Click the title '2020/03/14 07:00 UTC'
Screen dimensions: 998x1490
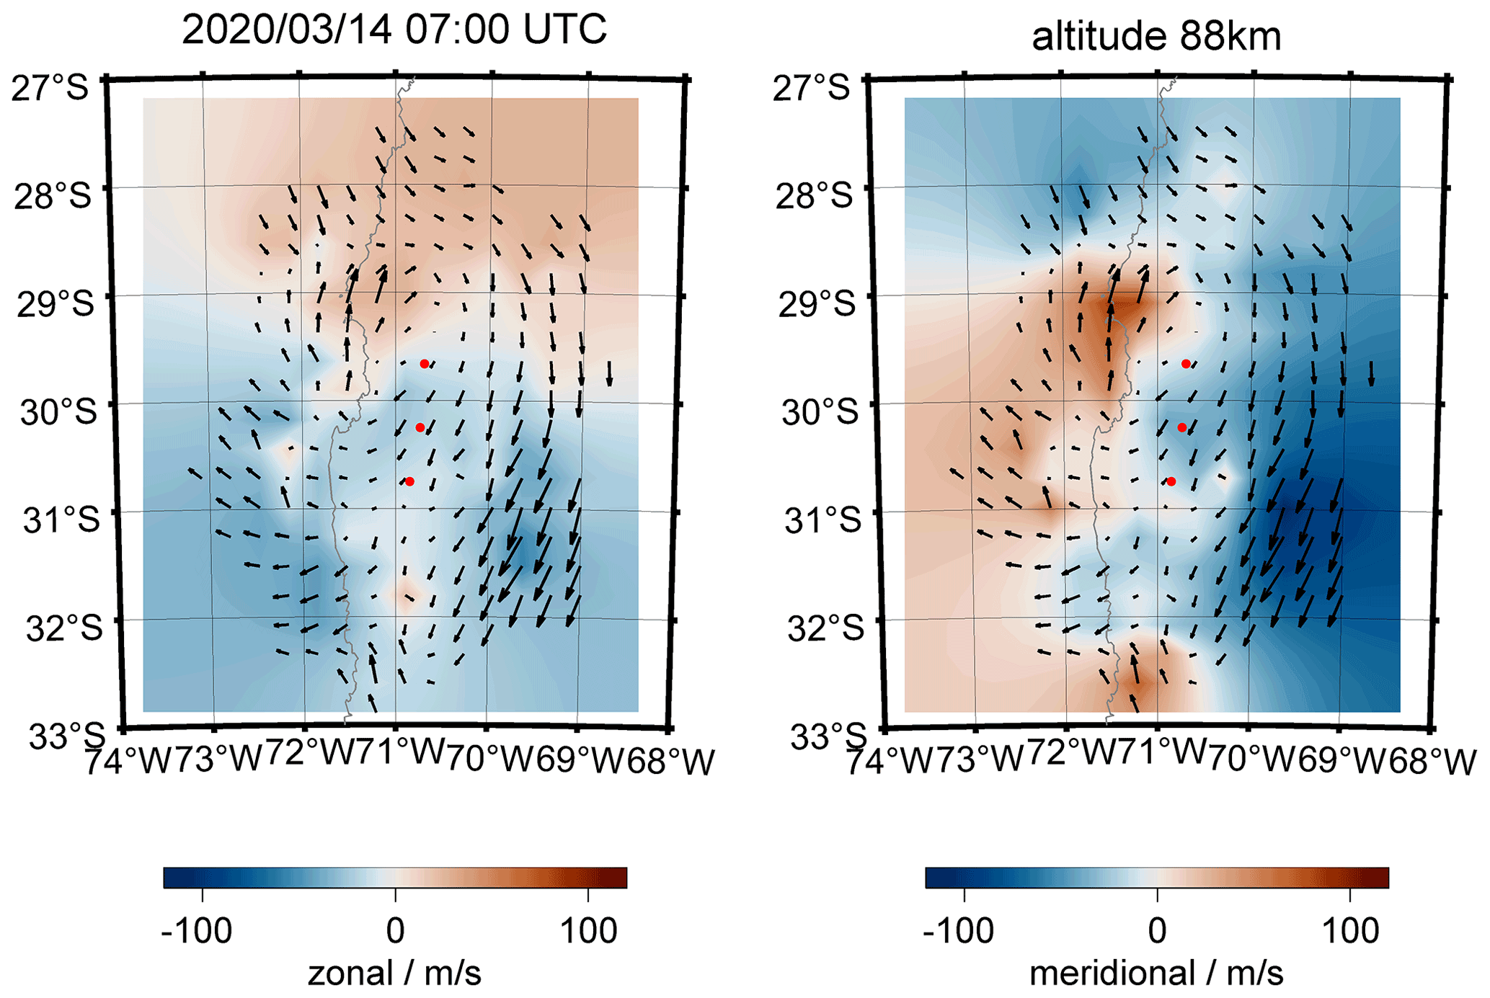(394, 30)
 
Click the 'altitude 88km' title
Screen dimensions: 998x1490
(1156, 36)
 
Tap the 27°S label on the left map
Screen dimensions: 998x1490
(50, 88)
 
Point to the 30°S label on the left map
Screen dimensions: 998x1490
(58, 412)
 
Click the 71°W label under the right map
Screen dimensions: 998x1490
(1160, 753)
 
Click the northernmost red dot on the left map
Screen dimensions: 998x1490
(425, 364)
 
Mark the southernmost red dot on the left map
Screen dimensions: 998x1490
(409, 481)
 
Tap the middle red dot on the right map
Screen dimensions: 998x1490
(1182, 427)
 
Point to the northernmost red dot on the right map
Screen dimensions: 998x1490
(1186, 364)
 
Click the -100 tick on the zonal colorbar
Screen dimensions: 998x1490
(196, 931)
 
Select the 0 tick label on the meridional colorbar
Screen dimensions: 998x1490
(1157, 931)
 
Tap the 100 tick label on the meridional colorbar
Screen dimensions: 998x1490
(1350, 931)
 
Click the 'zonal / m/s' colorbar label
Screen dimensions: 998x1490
(394, 974)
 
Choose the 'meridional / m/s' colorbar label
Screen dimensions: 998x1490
(1156, 974)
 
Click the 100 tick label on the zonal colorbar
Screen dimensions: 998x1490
(588, 931)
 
